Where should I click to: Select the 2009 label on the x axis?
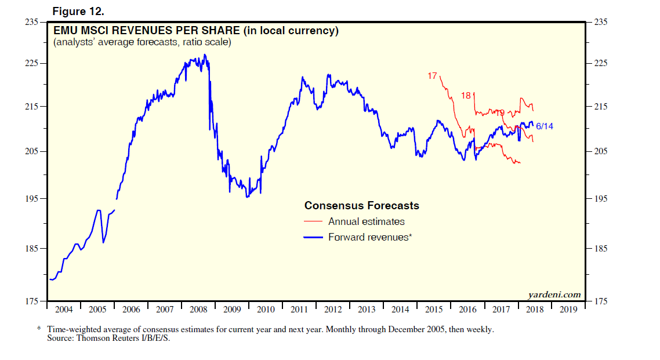pos(232,310)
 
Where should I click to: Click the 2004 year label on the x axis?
pos(64,310)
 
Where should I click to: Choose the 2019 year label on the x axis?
pos(568,310)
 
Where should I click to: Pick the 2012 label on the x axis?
pos(333,310)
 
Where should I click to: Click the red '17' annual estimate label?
pos(432,76)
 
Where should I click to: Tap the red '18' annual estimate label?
pos(466,95)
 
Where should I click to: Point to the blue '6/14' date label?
pos(545,126)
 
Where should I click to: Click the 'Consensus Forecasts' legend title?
pos(361,206)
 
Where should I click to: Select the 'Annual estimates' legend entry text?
pos(366,221)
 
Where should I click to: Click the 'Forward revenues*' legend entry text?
pos(369,237)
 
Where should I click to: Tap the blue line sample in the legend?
pos(314,237)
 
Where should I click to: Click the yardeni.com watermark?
pos(554,294)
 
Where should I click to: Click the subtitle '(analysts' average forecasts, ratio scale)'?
pos(142,42)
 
